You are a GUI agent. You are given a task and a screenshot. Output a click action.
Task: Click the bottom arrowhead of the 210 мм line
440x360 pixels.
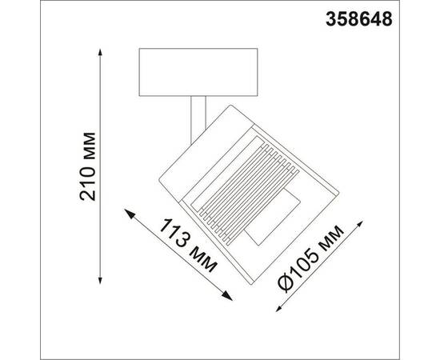pos(102,281)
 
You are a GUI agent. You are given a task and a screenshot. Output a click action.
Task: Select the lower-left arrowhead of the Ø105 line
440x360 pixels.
pos(275,306)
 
